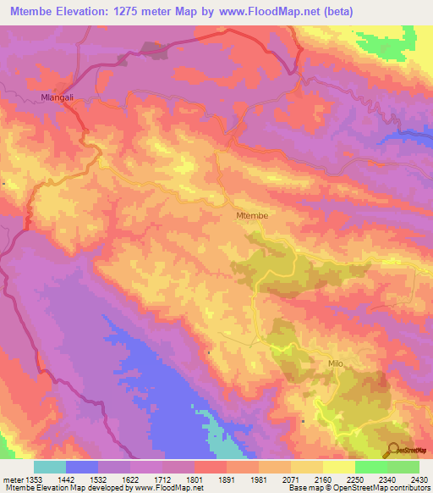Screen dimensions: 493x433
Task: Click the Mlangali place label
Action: tap(58, 98)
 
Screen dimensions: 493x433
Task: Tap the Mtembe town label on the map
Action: tap(251, 216)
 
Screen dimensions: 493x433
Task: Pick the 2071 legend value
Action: tap(290, 479)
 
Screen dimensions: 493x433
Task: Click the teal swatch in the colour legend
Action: tap(50, 467)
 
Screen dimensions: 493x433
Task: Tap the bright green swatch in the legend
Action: tap(371, 467)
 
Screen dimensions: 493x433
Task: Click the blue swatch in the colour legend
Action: tap(82, 467)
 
